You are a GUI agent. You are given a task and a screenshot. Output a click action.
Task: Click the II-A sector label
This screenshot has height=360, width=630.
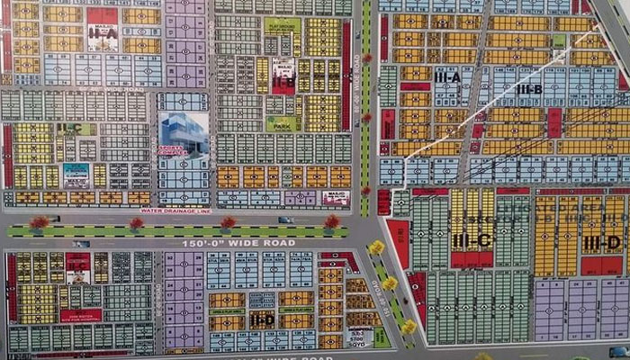click(x=103, y=33)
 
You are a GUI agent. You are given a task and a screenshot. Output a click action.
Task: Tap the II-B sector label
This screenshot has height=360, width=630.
click(x=284, y=79)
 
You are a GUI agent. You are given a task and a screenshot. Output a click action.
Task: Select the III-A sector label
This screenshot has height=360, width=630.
click(x=447, y=77)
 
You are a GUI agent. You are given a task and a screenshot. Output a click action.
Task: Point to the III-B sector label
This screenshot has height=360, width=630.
click(x=528, y=88)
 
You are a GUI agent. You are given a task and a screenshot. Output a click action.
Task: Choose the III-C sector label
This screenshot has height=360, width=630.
click(x=471, y=241)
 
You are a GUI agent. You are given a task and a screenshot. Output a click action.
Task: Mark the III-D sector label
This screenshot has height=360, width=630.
click(x=601, y=242)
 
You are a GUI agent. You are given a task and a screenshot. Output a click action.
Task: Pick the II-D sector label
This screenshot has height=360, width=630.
click(x=262, y=319)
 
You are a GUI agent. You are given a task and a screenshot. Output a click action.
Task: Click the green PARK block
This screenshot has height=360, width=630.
click(x=282, y=123)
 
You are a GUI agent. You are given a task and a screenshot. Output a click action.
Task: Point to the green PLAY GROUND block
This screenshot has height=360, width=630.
click(x=282, y=28)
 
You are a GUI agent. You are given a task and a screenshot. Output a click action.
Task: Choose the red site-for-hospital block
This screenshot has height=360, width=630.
click(x=81, y=316)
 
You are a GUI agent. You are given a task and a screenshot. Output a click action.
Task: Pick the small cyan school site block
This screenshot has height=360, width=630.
click(x=76, y=173)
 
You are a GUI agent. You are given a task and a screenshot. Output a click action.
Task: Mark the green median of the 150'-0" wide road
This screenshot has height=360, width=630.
click(x=180, y=230)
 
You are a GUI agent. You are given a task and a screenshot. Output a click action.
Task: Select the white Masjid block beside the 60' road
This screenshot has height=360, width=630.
click(x=337, y=196)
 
